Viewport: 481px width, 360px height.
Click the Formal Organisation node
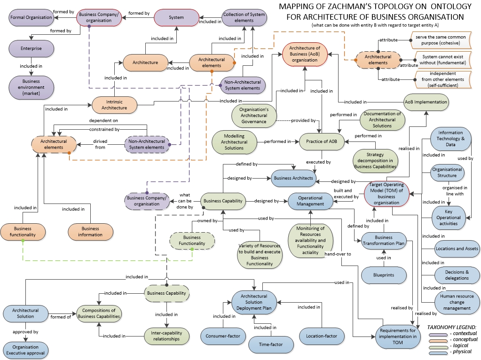pyautogui.click(x=32, y=17)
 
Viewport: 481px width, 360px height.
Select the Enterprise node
pyautogui.click(x=32, y=48)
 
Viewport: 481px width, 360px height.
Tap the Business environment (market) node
pyautogui.click(x=32, y=87)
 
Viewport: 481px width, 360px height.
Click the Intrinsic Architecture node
pyautogui.click(x=114, y=104)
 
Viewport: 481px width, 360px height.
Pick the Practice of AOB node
pyautogui.click(x=323, y=141)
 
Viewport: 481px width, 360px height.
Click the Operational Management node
pyautogui.click(x=310, y=201)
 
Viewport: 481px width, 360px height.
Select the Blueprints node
pyautogui.click(x=383, y=275)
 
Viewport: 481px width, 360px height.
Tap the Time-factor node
pyautogui.click(x=270, y=344)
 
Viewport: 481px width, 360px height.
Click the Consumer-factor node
pyautogui.click(x=223, y=336)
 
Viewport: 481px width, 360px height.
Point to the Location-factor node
pyautogui.click(x=321, y=336)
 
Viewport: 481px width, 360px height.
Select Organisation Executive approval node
pyautogui.click(x=25, y=349)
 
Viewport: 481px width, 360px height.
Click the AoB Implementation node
pyautogui.click(x=426, y=102)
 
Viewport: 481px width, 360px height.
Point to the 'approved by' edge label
pyautogui.click(x=26, y=332)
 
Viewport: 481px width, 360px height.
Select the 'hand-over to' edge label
pyautogui.click(x=338, y=254)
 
